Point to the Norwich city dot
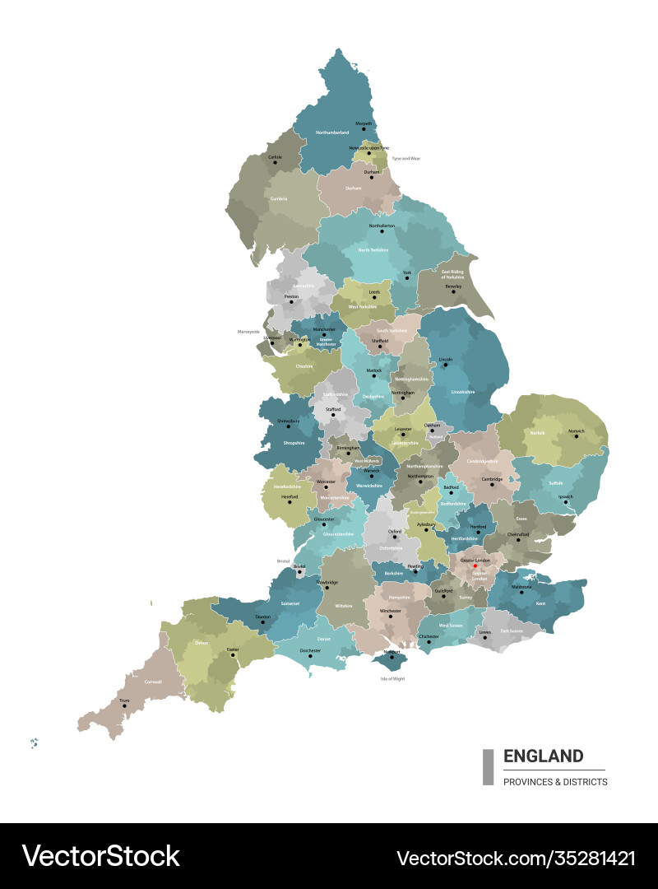[577, 436]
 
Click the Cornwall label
[154, 682]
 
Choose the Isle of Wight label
[392, 679]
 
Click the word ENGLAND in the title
[543, 756]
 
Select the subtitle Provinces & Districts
[555, 782]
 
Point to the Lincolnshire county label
[463, 392]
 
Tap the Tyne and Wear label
[405, 158]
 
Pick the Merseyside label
[248, 333]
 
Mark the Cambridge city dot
[492, 483]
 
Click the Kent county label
[540, 604]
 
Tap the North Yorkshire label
[373, 249]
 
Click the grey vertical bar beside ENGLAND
[488, 766]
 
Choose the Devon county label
[202, 643]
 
